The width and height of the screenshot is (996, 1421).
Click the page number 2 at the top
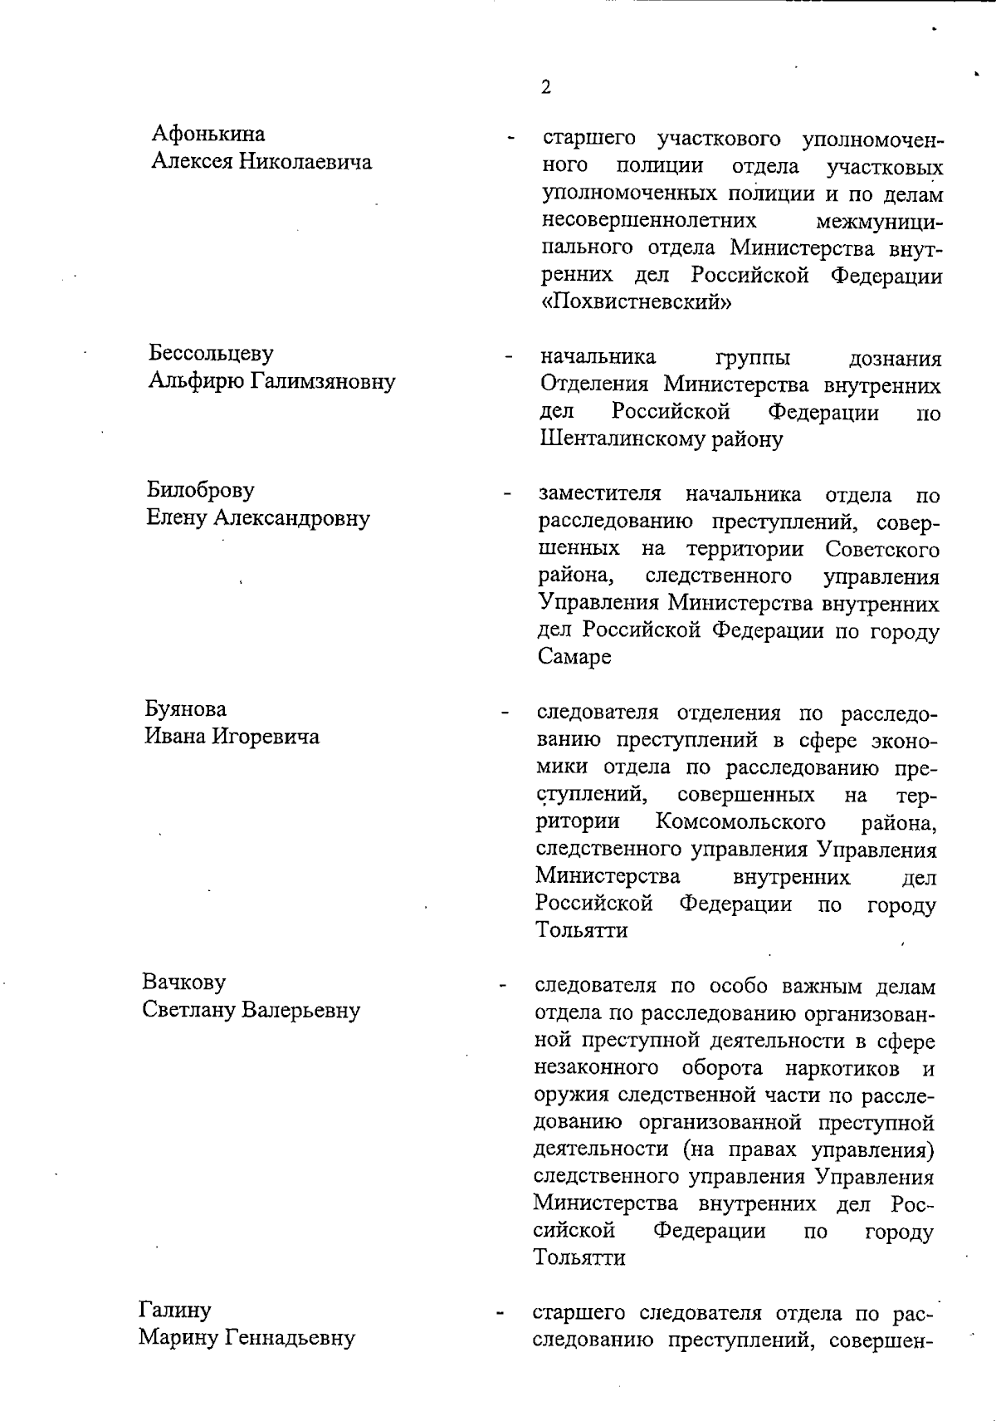point(545,87)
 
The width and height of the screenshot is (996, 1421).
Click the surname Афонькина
point(208,134)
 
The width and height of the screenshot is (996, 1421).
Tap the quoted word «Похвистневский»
point(636,302)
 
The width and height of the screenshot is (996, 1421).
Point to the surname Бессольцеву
point(211,353)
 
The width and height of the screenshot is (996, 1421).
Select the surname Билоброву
point(201,490)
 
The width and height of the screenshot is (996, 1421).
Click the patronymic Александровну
point(291,518)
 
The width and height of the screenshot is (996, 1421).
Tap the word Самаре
point(574,657)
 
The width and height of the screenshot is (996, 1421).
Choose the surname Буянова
point(186,709)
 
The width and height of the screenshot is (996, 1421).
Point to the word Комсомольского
point(740,822)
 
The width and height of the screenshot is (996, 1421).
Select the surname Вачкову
point(183,982)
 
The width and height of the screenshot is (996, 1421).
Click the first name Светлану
point(188,1011)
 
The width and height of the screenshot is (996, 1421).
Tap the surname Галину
point(174,1310)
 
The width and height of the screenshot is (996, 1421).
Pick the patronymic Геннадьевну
point(291,1338)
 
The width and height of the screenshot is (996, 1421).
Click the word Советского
point(882,549)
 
